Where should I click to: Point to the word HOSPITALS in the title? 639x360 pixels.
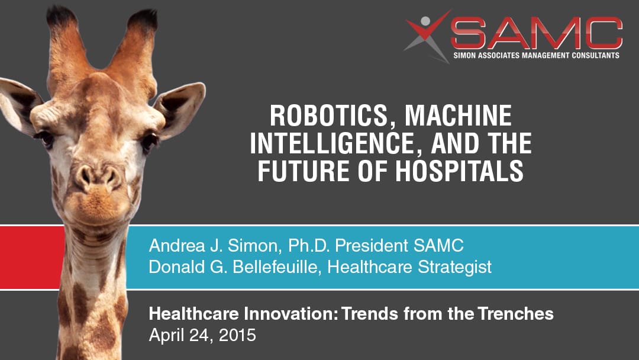coord(459,171)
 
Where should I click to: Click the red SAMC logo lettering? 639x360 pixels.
coord(536,33)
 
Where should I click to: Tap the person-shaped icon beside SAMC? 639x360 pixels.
coord(427,36)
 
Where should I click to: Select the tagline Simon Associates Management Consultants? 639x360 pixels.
coord(536,56)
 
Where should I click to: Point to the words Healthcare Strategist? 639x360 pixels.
coord(409,268)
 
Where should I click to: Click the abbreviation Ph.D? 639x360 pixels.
coord(308,246)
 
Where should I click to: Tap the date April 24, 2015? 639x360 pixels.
coord(202,336)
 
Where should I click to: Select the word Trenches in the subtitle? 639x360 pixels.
coord(515,314)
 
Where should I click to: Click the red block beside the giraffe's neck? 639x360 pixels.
coord(32,257)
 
